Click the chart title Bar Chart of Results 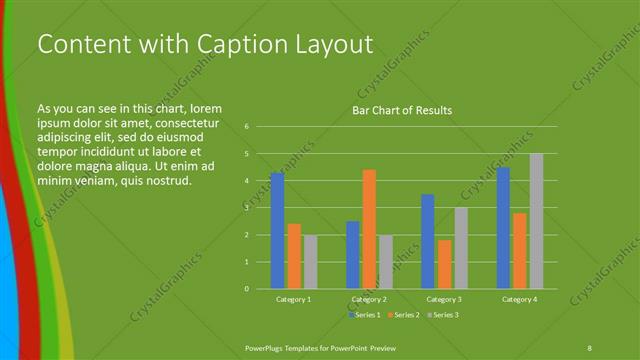click(x=401, y=110)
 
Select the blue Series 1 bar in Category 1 click(x=277, y=230)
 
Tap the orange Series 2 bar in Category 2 click(x=369, y=229)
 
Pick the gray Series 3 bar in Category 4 click(x=536, y=221)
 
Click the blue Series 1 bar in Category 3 click(x=428, y=241)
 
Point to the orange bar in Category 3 click(x=444, y=264)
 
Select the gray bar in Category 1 click(x=310, y=261)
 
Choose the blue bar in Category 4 click(x=503, y=227)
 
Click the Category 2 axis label click(x=369, y=299)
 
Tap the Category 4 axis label click(x=520, y=299)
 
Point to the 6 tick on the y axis click(x=246, y=127)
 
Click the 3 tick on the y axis click(x=246, y=208)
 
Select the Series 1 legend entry click(x=365, y=315)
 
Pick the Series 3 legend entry click(x=443, y=315)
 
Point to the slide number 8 click(x=589, y=347)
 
